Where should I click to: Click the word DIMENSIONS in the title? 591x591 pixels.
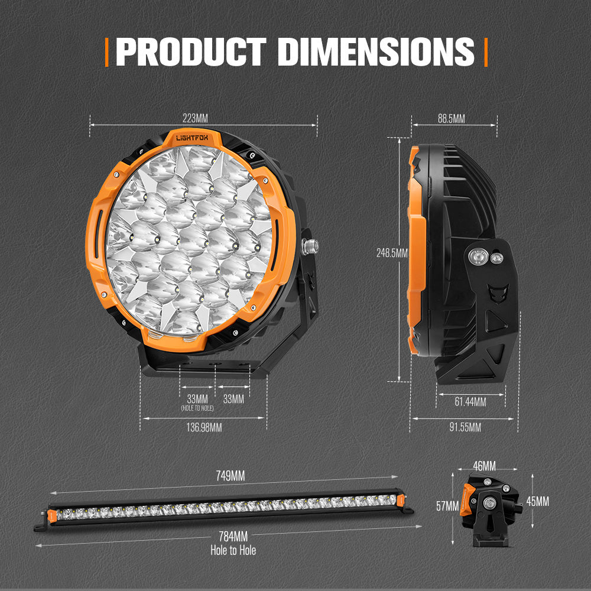[x=375, y=52]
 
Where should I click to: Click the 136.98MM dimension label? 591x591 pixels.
[x=203, y=427]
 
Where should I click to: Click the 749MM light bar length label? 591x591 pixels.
[x=230, y=476]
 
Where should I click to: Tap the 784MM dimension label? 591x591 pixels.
[x=232, y=537]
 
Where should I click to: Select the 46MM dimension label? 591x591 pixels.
[x=485, y=466]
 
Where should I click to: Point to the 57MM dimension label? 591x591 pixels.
[x=447, y=505]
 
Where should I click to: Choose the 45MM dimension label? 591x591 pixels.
[x=537, y=501]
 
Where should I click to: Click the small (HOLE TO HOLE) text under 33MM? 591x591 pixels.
[x=197, y=408]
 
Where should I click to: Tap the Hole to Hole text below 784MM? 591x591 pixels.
[x=233, y=550]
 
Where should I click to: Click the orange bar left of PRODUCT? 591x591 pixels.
[x=107, y=52]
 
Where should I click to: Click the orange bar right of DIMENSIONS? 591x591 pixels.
[x=485, y=52]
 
